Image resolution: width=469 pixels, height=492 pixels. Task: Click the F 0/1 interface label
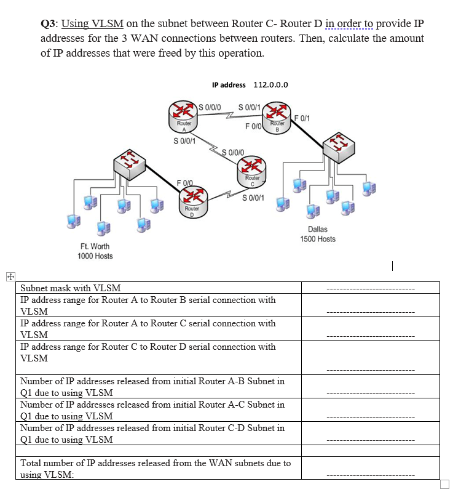(x=303, y=118)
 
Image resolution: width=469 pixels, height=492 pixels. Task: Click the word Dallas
(x=318, y=229)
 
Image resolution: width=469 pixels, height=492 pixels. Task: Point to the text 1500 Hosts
(x=318, y=239)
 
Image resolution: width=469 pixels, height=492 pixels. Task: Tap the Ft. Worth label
(x=95, y=246)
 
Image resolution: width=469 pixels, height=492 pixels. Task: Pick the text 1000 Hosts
(x=95, y=256)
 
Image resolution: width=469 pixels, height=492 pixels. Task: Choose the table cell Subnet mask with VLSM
(x=71, y=288)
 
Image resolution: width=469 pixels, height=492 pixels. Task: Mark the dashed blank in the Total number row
(x=370, y=475)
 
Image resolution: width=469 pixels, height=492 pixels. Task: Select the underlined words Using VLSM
(x=93, y=24)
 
